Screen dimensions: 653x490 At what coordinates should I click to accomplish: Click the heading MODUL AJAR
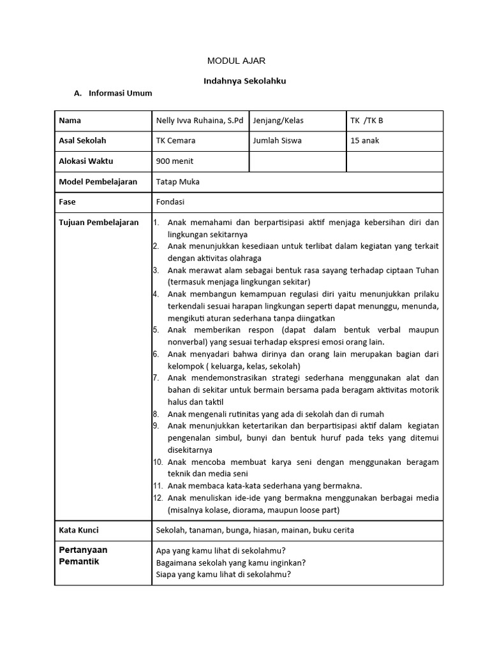pos(236,61)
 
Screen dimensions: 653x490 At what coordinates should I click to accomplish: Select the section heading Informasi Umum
pos(120,93)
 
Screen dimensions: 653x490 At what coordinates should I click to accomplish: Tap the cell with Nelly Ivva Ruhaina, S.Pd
pos(199,121)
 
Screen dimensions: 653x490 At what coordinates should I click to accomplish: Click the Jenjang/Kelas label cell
pos(278,121)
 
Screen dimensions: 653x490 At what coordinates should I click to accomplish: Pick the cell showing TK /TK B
pos(367,121)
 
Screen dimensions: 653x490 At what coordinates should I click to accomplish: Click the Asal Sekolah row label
pos(82,140)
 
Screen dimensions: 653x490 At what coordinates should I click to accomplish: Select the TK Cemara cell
pos(175,140)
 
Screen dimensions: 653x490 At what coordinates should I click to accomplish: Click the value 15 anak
pos(364,140)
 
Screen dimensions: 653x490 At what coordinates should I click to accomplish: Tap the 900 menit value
pos(174,161)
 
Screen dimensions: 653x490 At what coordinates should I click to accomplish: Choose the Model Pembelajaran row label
pos(98,182)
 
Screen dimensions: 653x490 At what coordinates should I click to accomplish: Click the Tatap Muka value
pos(177,182)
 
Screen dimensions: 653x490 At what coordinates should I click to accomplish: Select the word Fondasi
pos(170,202)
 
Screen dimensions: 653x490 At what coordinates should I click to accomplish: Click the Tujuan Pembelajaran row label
pos(98,223)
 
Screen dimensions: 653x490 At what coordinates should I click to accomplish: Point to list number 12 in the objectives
pos(158,498)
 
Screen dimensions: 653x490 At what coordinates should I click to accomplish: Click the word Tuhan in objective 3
pos(426,270)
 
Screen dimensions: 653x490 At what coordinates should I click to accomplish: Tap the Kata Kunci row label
pos(78,530)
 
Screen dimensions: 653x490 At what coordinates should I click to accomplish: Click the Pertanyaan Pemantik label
pos(83,555)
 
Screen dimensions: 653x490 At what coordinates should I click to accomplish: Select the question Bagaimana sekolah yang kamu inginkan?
pos(230,562)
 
